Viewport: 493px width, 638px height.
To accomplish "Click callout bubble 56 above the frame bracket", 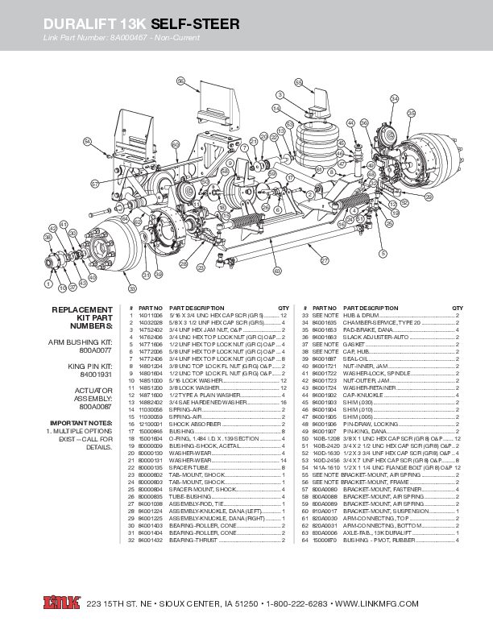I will coord(180,81).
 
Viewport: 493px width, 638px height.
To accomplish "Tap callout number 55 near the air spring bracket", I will coord(298,82).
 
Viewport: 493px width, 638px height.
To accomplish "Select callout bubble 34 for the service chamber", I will coord(394,98).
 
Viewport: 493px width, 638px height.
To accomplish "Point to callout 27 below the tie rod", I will coord(325,260).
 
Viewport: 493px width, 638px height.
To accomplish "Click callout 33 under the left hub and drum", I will coord(131,287).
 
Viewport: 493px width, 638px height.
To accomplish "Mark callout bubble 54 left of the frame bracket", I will coord(87,142).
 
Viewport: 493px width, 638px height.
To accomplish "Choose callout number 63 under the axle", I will coord(277,271).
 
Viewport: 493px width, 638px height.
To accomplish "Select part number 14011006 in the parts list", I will coord(151,316).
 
